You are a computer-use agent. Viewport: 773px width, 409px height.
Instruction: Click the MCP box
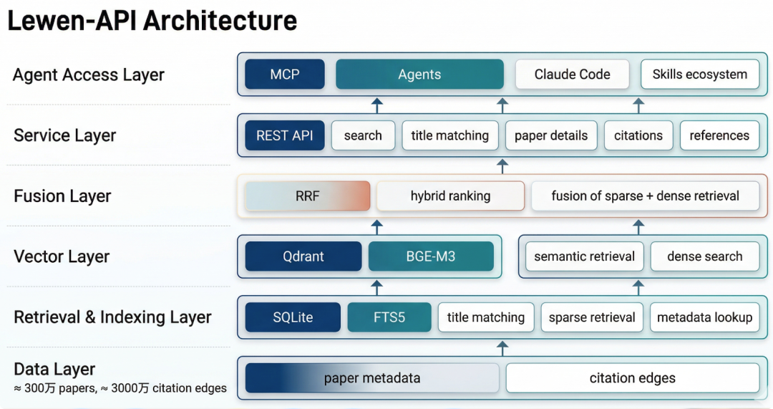pos(284,74)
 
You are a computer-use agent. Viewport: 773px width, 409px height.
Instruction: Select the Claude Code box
pos(572,74)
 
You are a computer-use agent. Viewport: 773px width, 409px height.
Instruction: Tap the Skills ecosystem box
pos(699,74)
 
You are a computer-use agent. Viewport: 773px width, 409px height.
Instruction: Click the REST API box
pos(284,135)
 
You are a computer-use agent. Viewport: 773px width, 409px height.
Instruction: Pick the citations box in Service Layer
pos(638,135)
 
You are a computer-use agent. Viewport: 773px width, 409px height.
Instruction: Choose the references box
pos(719,135)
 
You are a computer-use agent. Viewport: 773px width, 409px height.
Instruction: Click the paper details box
pos(550,135)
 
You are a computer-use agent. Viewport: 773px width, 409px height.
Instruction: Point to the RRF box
pos(307,196)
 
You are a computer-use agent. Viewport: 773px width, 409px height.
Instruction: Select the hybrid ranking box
pos(450,196)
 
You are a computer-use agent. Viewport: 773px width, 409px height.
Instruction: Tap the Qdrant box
pos(303,256)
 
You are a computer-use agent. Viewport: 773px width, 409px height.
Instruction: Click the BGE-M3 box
pos(430,256)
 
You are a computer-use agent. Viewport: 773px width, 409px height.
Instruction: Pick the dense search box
pos(704,256)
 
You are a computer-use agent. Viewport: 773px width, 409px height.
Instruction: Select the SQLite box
pos(293,317)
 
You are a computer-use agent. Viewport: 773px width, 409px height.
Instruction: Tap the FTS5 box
pos(389,317)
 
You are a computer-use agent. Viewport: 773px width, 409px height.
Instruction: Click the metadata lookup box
pos(704,317)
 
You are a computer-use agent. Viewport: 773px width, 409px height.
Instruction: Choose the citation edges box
pos(632,378)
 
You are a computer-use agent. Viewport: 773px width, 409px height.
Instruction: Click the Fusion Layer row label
pos(62,196)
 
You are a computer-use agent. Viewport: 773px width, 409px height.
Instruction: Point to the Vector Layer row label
pos(62,256)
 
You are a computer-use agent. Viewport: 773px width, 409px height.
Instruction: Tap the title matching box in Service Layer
pos(449,135)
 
